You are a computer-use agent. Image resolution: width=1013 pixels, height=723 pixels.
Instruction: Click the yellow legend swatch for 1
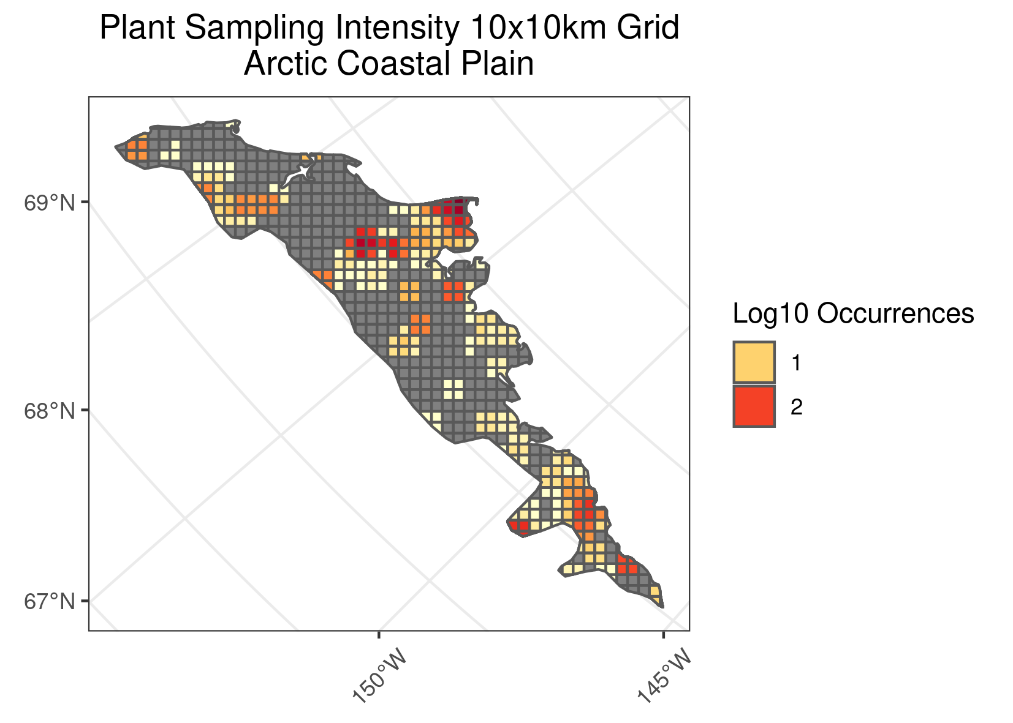coord(754,362)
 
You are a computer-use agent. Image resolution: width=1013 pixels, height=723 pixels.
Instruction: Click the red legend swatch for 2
coord(754,406)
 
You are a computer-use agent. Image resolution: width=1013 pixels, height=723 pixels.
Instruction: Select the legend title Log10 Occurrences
coord(853,313)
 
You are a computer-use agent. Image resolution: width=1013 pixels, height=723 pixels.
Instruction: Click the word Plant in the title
coord(137,28)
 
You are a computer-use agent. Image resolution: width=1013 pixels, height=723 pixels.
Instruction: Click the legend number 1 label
coord(796,363)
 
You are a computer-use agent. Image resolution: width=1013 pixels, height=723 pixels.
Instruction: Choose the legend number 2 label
coord(796,406)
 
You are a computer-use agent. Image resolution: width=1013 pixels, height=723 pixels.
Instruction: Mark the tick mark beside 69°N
coord(86,202)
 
